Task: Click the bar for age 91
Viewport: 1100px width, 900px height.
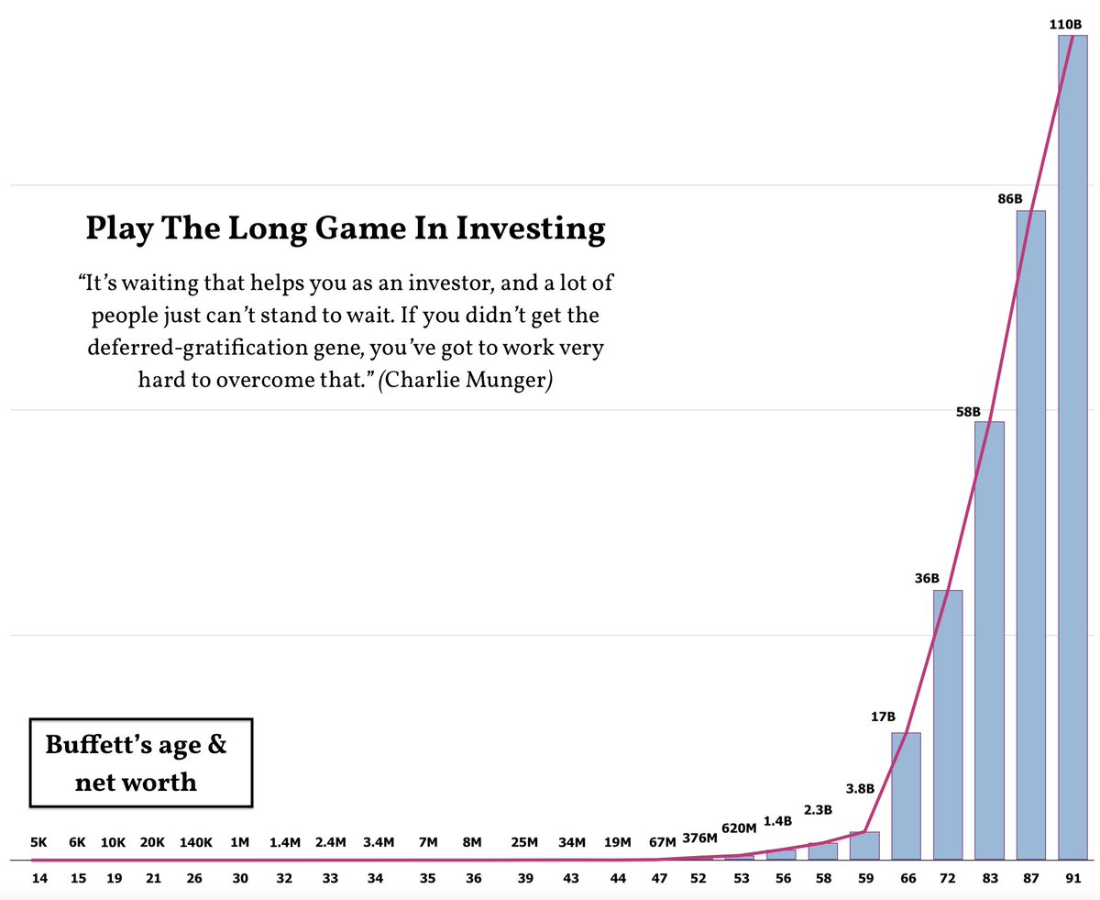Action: tap(1072, 448)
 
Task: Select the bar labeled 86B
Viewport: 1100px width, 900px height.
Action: tap(1030, 535)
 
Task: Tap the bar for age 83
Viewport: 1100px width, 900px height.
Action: tap(989, 640)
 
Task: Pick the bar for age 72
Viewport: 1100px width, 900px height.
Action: tap(948, 725)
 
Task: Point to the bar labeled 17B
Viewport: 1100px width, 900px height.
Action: tap(906, 796)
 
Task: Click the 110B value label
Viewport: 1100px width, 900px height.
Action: tap(1065, 25)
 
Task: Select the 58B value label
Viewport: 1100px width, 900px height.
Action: tap(968, 412)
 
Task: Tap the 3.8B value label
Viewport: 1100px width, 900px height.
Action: tap(860, 788)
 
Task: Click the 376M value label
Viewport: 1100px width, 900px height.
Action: tap(700, 838)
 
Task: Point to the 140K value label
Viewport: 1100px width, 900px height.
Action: tap(195, 842)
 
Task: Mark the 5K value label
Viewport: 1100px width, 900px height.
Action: tap(38, 842)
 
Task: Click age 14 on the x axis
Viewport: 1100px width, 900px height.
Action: tap(39, 878)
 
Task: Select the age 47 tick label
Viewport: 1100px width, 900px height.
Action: tap(659, 878)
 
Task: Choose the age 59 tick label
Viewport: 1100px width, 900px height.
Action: tap(866, 878)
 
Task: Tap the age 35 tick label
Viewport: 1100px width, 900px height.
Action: tap(427, 878)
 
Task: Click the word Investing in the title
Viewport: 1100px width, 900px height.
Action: tap(531, 229)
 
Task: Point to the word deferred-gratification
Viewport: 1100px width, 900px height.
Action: tap(198, 348)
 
